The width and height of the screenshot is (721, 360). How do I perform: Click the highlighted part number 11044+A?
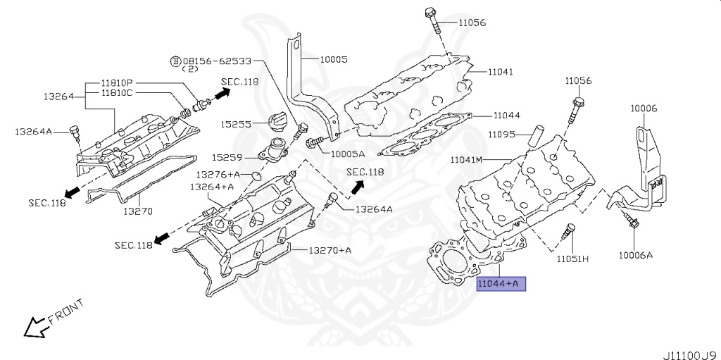point(500,284)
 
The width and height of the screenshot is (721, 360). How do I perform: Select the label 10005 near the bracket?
point(334,60)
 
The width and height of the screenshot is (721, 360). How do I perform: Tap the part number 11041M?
point(467,160)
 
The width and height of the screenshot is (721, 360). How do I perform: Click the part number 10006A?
point(636,254)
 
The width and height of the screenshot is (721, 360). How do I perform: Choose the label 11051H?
point(572,259)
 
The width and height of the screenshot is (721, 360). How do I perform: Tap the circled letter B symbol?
point(175,61)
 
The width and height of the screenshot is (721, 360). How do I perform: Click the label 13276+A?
point(218,174)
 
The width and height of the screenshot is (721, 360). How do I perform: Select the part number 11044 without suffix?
point(506,115)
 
